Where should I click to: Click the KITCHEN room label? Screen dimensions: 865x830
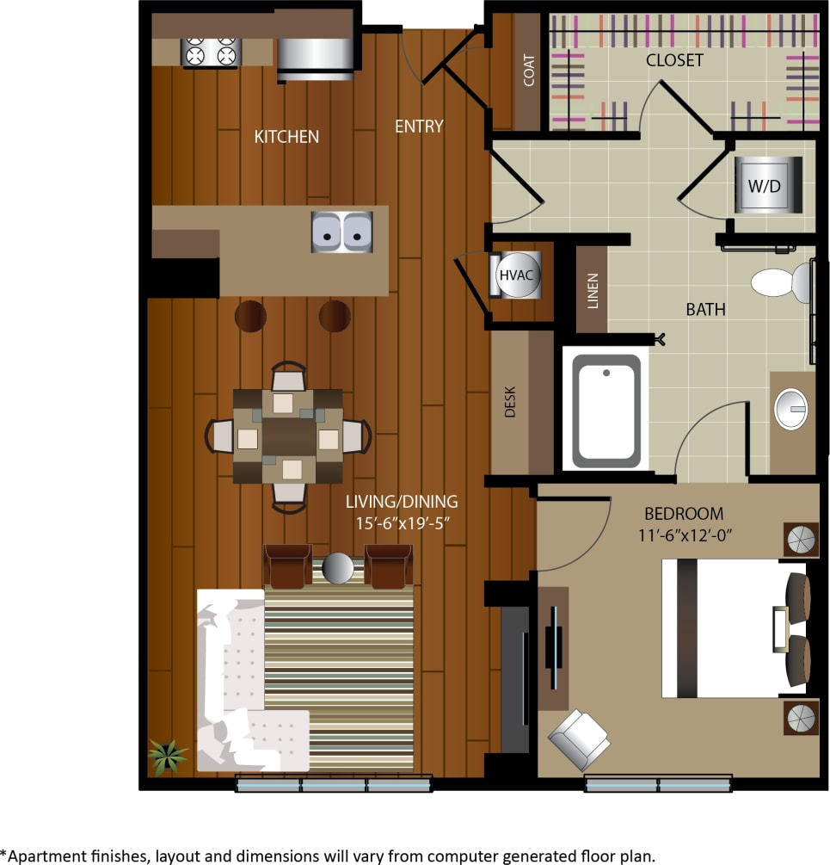pyautogui.click(x=286, y=136)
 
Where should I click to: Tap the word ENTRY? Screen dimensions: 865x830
pyautogui.click(x=419, y=127)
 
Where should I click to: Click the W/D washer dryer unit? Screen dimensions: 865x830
pyautogui.click(x=767, y=184)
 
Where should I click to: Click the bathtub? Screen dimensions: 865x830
pyautogui.click(x=607, y=411)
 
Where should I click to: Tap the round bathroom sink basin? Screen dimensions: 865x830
pyautogui.click(x=791, y=409)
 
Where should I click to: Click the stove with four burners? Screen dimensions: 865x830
pyautogui.click(x=209, y=53)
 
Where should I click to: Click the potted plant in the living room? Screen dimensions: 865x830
pyautogui.click(x=167, y=755)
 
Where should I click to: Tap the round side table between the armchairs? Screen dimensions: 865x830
pyautogui.click(x=338, y=567)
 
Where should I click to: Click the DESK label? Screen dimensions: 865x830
pyautogui.click(x=510, y=401)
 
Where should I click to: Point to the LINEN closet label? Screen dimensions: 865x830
pyautogui.click(x=592, y=290)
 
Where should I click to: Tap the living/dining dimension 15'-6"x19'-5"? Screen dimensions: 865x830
pyautogui.click(x=402, y=521)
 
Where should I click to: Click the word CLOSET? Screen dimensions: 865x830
pyautogui.click(x=675, y=60)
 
